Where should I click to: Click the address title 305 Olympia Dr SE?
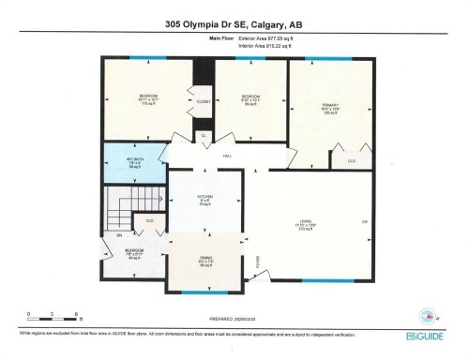pos(234,25)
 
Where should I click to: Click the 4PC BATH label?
pos(134,161)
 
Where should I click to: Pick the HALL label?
pos(227,157)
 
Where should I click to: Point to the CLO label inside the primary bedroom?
pos(352,160)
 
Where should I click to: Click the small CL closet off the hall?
pos(204,136)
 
